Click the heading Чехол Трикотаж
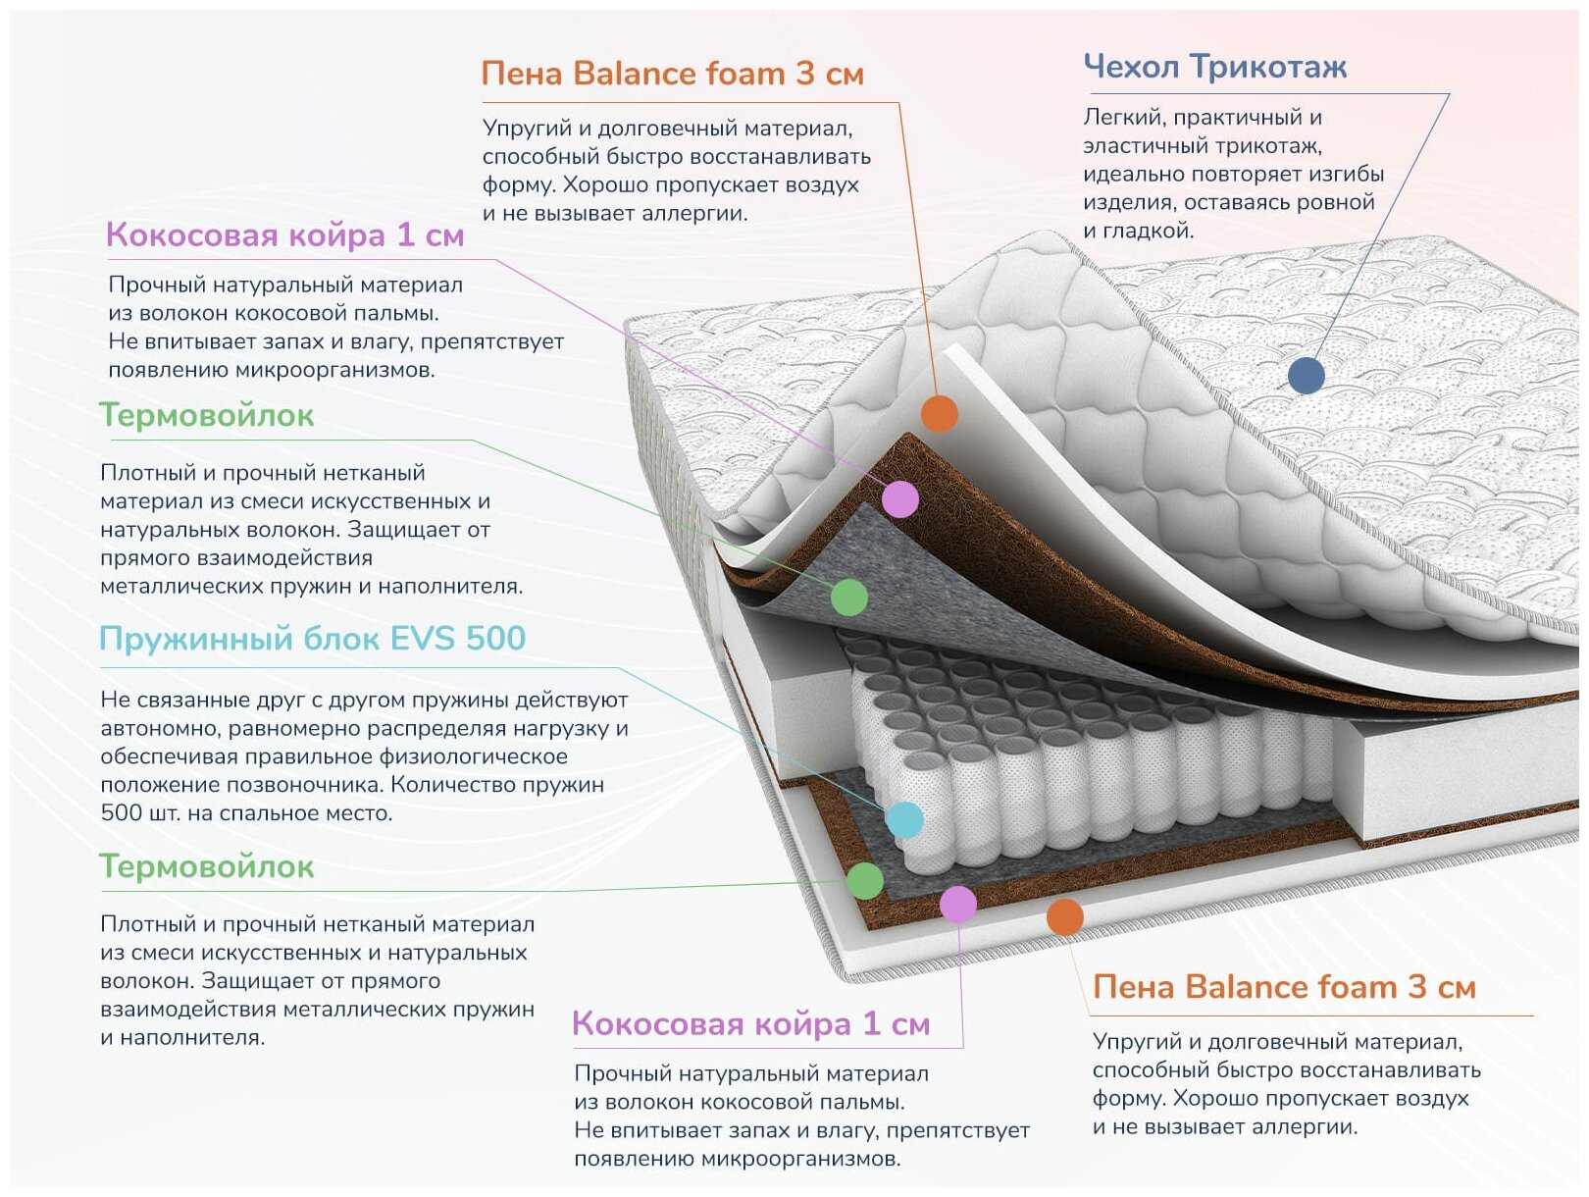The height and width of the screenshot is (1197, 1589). pyautogui.click(x=1214, y=67)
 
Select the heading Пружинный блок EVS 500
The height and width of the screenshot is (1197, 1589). pyautogui.click(x=312, y=639)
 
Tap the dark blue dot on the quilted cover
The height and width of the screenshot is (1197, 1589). pyautogui.click(x=1306, y=375)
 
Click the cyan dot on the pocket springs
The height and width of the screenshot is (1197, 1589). pyautogui.click(x=903, y=819)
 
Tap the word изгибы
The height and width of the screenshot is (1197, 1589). pyautogui.click(x=1347, y=175)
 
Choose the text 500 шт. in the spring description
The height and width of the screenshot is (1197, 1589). pyautogui.click(x=133, y=813)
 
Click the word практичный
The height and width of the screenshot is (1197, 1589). pyautogui.click(x=1235, y=118)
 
